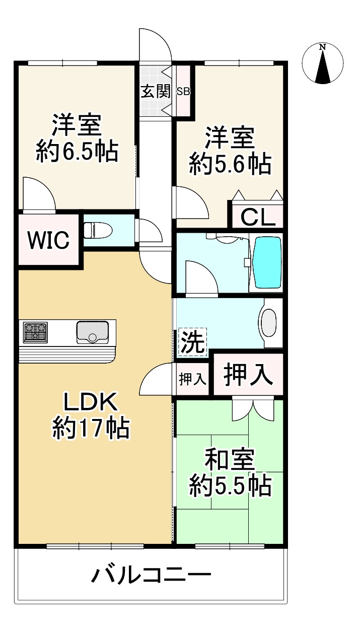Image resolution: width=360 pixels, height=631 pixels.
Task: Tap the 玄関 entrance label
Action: pyautogui.click(x=155, y=92)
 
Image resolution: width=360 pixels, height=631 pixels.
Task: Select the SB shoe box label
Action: pyautogui.click(x=183, y=92)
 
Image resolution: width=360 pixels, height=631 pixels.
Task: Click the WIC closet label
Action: pyautogui.click(x=48, y=241)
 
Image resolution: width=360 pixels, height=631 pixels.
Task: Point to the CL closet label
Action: pyautogui.click(x=258, y=218)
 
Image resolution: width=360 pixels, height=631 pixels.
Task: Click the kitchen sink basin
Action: pyautogui.click(x=92, y=332)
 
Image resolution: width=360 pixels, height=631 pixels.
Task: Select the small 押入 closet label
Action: pyautogui.click(x=192, y=379)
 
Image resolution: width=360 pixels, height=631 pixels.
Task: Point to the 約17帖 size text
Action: pyautogui.click(x=91, y=428)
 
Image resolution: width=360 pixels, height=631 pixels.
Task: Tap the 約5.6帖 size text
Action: pyautogui.click(x=231, y=164)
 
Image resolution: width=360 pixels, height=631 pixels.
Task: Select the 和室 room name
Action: pyautogui.click(x=230, y=459)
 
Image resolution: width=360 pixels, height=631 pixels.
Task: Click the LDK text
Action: pyautogui.click(x=91, y=402)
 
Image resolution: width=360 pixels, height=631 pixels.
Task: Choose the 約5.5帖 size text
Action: pyautogui.click(x=231, y=486)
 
